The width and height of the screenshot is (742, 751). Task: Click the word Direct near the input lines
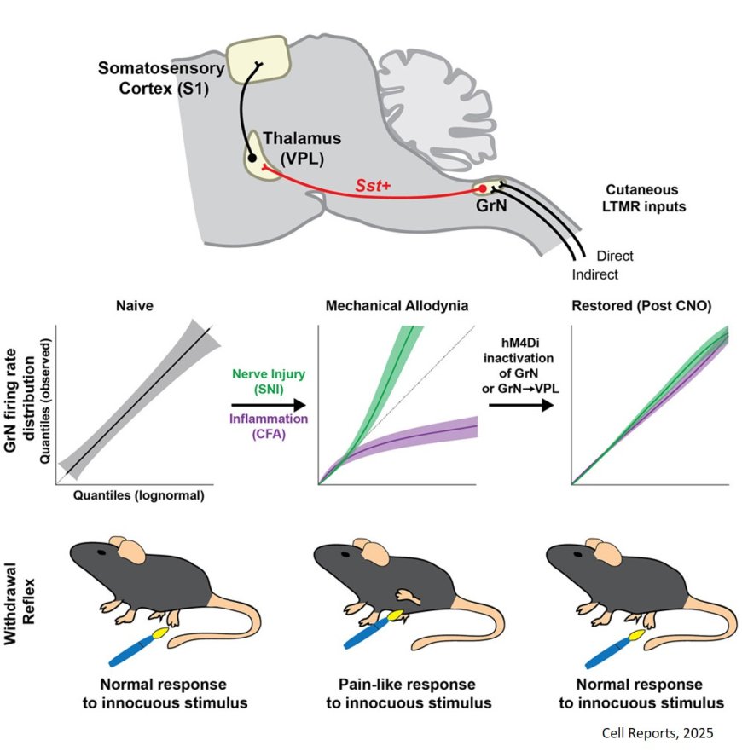[x=615, y=255]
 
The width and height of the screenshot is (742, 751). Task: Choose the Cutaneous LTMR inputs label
[x=654, y=197]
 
